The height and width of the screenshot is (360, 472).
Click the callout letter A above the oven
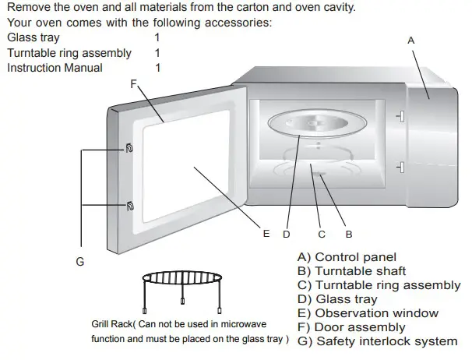point(411,40)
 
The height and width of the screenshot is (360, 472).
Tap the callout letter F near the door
point(133,83)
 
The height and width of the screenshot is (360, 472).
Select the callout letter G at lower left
point(79,262)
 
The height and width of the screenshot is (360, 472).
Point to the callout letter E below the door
point(266,233)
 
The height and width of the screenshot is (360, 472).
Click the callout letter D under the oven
point(286,233)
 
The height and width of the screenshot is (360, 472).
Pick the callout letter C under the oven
point(322,233)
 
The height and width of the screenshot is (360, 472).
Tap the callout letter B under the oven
point(348,233)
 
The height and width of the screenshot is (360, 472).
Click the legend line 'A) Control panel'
point(347,257)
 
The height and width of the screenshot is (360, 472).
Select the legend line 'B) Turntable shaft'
point(351,271)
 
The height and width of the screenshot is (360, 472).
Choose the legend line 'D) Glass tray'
point(337,299)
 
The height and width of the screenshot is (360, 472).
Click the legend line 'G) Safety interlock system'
point(377,341)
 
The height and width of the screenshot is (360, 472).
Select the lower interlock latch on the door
point(128,206)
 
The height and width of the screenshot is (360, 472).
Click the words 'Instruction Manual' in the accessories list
point(55,68)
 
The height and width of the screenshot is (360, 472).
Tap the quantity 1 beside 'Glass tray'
point(157,37)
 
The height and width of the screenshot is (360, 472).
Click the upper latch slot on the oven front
point(400,117)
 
